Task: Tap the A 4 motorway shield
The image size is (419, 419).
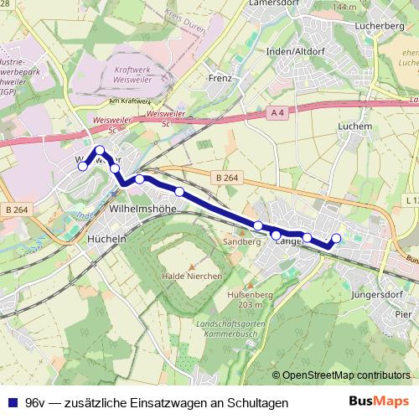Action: [x=278, y=111]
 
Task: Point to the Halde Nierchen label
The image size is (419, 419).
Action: [x=191, y=276]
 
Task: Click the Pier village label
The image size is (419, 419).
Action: [x=403, y=314]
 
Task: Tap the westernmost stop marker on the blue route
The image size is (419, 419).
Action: [x=82, y=167]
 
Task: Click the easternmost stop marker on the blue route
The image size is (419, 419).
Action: [x=337, y=238]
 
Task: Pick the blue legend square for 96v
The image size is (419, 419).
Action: [x=12, y=403]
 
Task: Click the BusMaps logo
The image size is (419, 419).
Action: [x=379, y=401]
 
